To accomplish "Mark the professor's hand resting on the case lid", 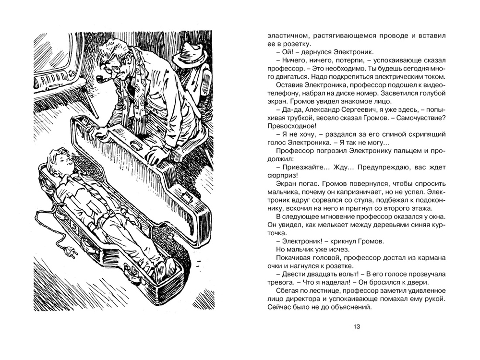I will (x=156, y=155).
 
